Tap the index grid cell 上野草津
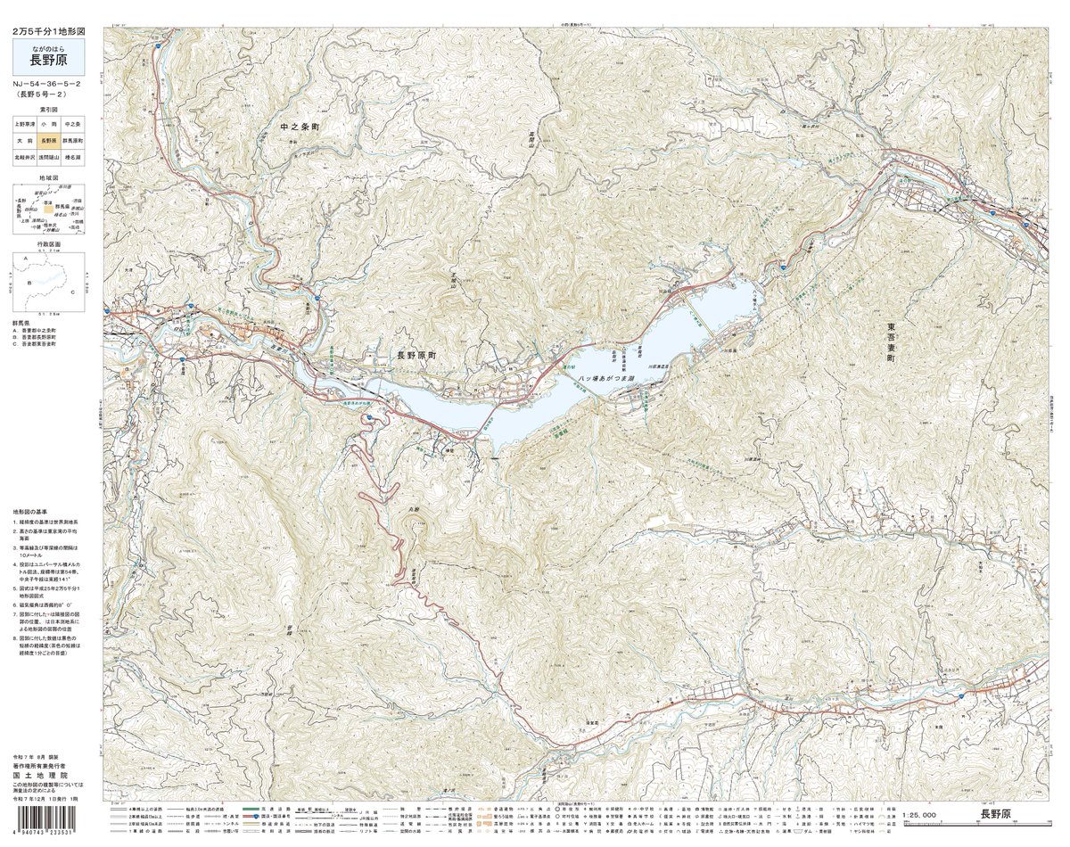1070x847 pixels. [x=24, y=124]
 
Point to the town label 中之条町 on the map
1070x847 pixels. [x=299, y=128]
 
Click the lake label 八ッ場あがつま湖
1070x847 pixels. [x=606, y=380]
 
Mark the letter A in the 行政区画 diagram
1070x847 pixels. [x=26, y=259]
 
